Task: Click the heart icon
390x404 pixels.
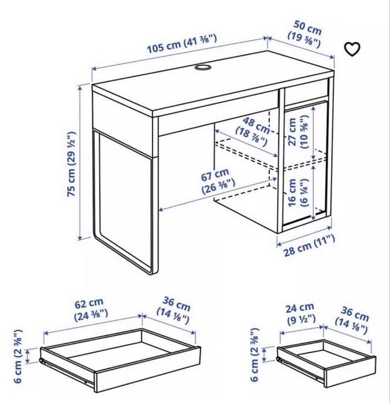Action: coord(352,49)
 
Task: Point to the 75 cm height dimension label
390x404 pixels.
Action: coord(72,164)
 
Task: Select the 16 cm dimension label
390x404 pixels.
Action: coord(297,192)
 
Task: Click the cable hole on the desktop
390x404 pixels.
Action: coord(202,68)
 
